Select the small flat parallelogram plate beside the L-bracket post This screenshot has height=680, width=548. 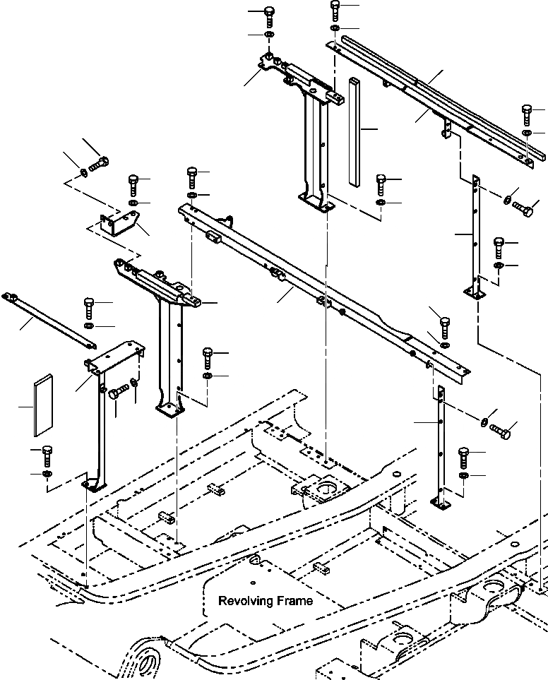40,407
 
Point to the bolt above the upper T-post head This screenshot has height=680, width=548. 269,16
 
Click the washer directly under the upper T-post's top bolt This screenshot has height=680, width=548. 269,35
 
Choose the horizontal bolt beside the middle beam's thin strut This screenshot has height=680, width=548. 500,429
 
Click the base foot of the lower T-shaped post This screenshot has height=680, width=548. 170,410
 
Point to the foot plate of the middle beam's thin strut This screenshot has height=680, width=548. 442,503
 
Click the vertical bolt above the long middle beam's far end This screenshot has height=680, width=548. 445,326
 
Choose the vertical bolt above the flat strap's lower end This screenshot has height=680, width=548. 90,307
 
